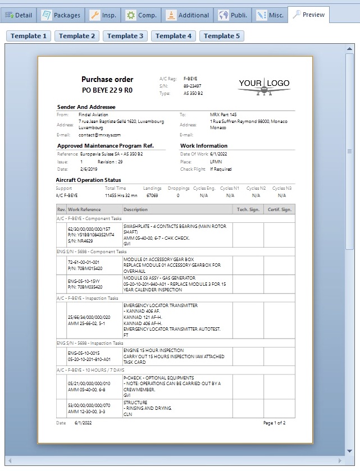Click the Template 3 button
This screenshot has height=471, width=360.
(125, 36)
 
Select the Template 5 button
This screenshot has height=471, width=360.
(222, 36)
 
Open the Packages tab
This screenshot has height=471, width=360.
(62, 15)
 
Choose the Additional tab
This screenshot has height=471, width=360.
(188, 15)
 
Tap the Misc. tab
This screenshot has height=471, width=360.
(269, 15)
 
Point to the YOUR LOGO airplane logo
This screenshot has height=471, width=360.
(264, 86)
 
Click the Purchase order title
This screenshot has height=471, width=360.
(107, 79)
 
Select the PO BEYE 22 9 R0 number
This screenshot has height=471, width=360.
(107, 89)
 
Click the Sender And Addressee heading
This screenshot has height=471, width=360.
(86, 107)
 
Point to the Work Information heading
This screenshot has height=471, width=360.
(203, 146)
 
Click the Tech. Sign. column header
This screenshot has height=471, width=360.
(248, 209)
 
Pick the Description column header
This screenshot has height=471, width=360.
(135, 209)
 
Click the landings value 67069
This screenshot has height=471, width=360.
(152, 195)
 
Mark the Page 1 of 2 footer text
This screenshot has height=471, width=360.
(274, 423)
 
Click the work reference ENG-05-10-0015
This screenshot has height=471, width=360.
(83, 353)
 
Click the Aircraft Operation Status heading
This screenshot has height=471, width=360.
(88, 180)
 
